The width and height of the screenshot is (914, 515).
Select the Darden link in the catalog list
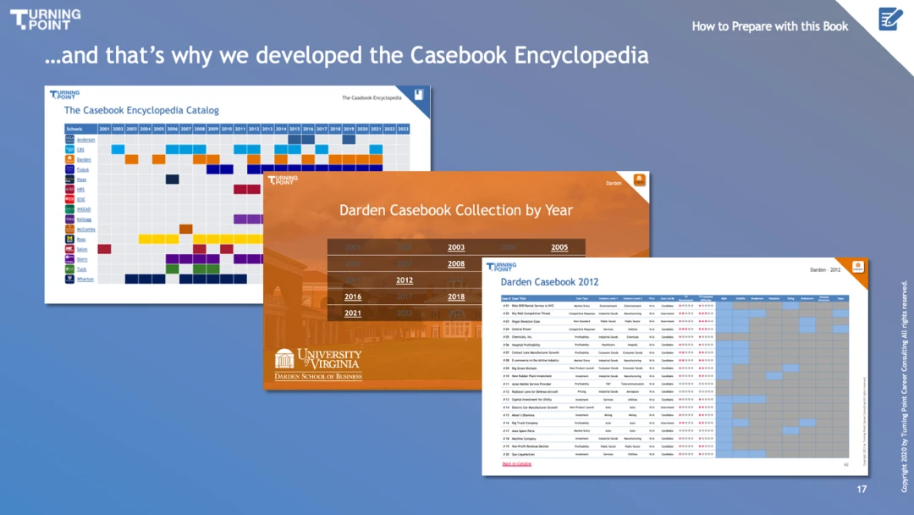[83, 159]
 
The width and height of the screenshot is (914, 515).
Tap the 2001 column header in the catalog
[104, 129]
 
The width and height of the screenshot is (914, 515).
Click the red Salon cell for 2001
[104, 249]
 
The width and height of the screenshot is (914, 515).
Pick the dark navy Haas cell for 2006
[172, 180]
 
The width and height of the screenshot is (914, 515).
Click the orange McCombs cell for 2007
[185, 229]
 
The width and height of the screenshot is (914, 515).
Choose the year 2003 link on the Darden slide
[456, 247]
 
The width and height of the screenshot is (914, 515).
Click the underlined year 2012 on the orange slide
[405, 280]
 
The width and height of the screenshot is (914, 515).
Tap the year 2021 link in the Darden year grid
[353, 313]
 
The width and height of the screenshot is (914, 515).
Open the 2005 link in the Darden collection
[559, 247]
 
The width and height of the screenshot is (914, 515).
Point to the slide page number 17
[862, 490]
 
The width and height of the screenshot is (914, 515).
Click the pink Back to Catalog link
[517, 464]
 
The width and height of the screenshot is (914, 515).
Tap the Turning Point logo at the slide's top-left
[45, 19]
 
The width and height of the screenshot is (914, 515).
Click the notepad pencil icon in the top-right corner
[890, 18]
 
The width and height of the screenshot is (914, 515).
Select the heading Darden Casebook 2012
[549, 282]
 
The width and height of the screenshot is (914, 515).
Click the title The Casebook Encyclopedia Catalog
[141, 110]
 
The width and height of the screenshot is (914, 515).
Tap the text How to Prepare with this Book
[769, 26]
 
